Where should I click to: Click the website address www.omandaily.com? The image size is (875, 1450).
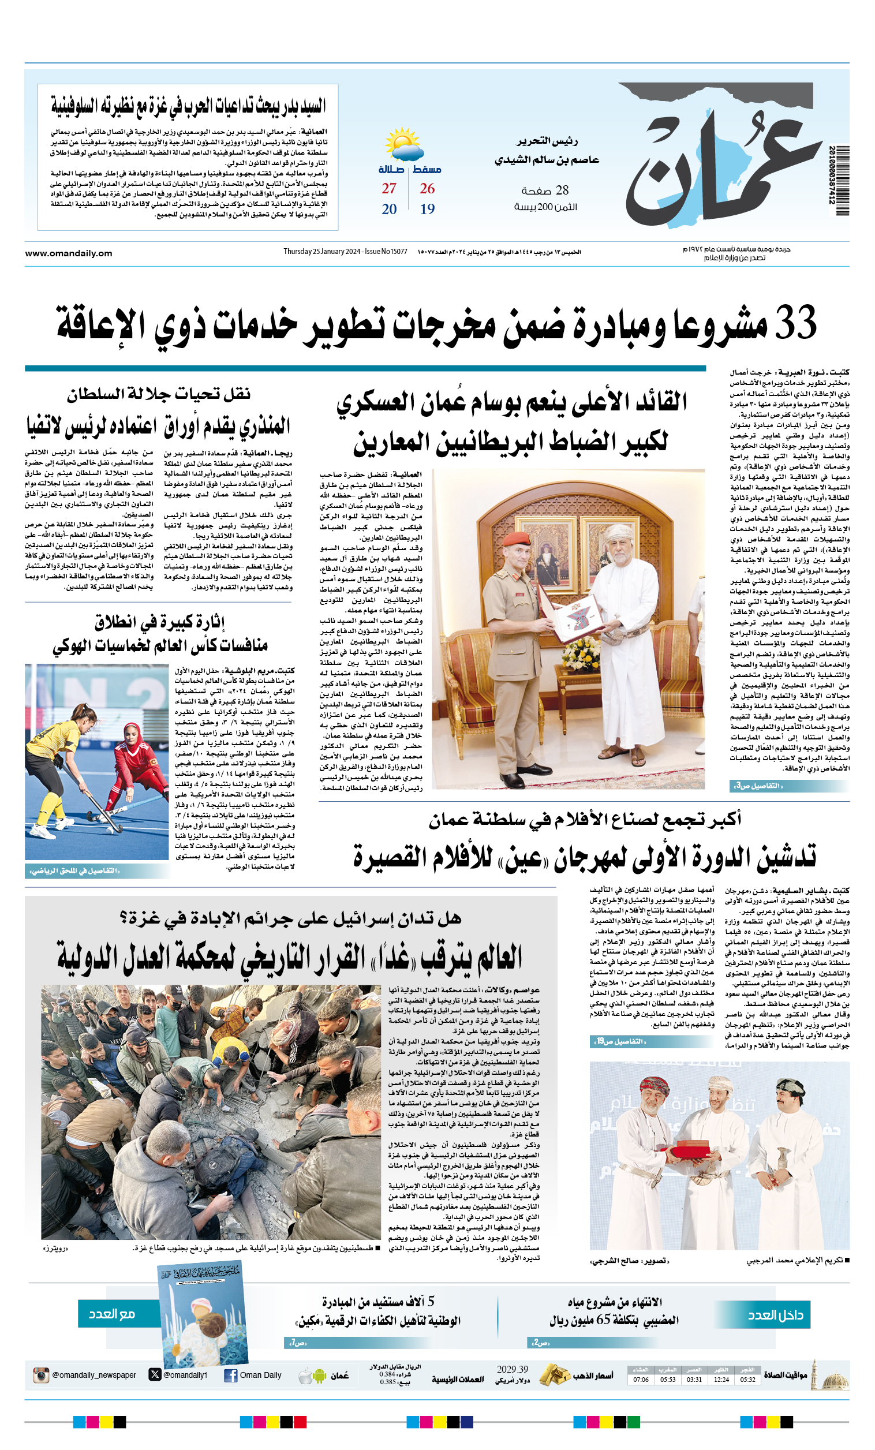(x=68, y=253)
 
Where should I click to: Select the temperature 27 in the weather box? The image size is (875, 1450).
(x=389, y=188)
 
